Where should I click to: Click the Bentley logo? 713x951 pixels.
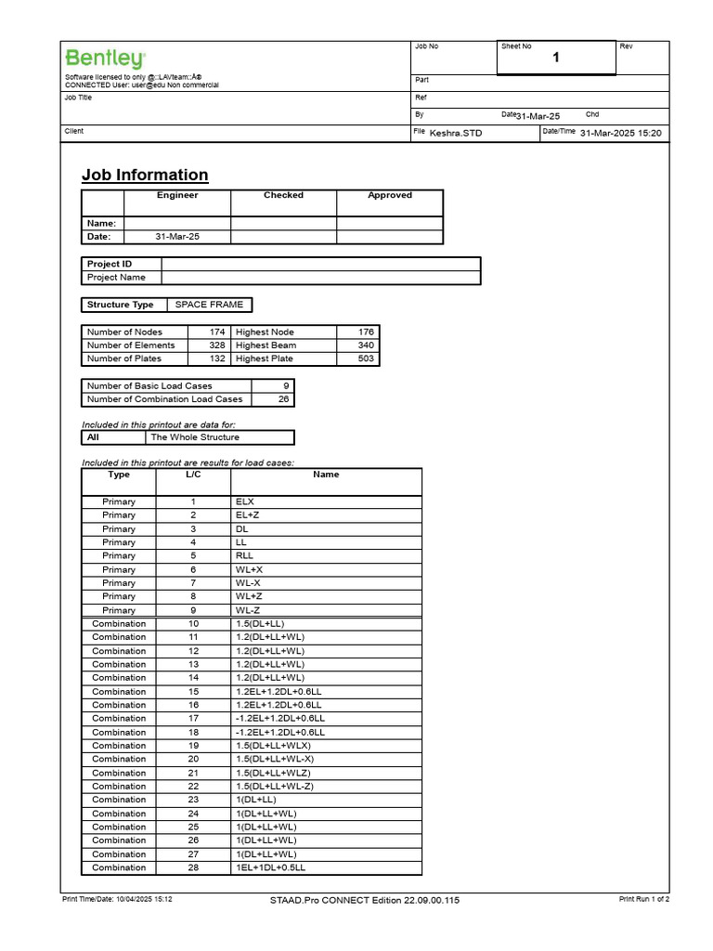(104, 58)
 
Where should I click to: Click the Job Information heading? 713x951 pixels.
(145, 175)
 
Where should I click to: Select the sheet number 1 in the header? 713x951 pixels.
(556, 59)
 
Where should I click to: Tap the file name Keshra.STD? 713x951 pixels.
(456, 133)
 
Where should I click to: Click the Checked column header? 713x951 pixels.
(283, 196)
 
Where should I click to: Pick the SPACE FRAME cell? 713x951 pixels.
(209, 305)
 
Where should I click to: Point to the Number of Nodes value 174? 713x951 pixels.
(217, 332)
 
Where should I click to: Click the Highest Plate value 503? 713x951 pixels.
(366, 358)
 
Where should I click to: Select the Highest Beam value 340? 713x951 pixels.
(366, 345)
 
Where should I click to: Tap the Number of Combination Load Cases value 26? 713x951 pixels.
(283, 399)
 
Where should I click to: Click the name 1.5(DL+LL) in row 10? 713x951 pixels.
(264, 624)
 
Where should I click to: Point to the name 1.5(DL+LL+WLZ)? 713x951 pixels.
(274, 773)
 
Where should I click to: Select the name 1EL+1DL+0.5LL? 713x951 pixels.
(270, 867)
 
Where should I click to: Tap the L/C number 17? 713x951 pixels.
(193, 719)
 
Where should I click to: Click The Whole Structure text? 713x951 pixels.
(194, 437)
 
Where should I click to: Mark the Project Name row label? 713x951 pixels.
(116, 278)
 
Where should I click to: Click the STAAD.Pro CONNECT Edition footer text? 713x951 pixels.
(364, 900)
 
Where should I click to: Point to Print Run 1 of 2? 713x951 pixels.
(643, 899)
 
